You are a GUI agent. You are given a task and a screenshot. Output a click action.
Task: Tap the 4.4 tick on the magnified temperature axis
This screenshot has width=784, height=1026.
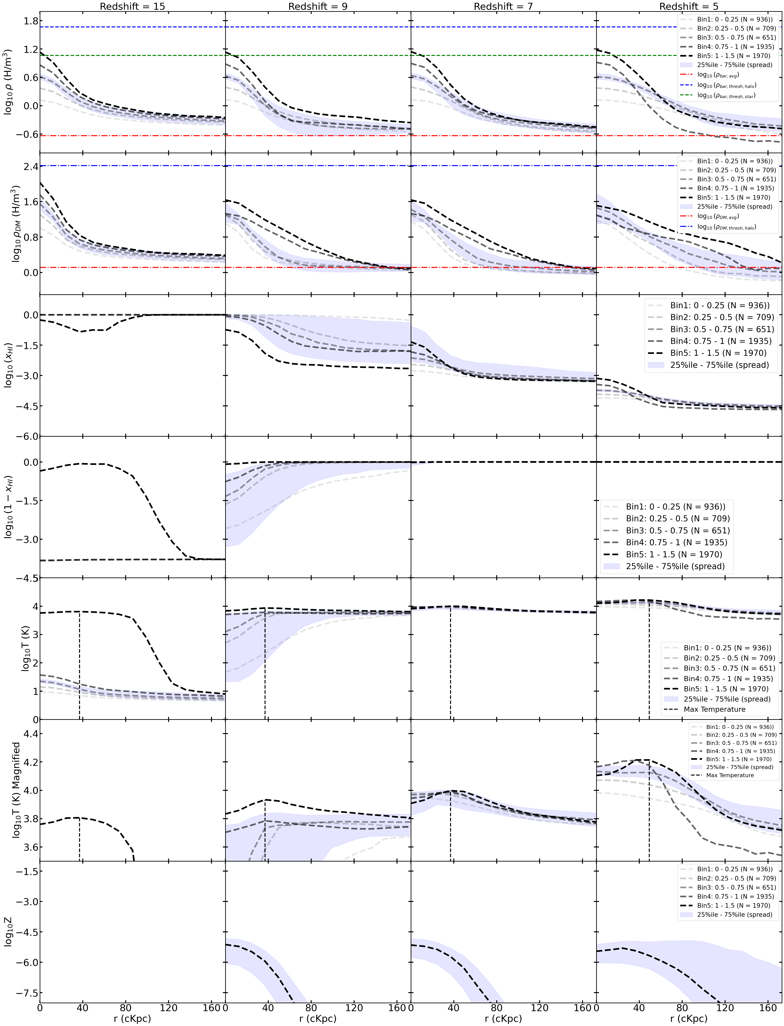[27, 734]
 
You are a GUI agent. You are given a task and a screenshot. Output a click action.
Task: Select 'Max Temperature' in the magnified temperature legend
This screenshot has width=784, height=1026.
[730, 775]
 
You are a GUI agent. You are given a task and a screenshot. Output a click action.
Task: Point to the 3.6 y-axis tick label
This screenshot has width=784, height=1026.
[27, 847]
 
